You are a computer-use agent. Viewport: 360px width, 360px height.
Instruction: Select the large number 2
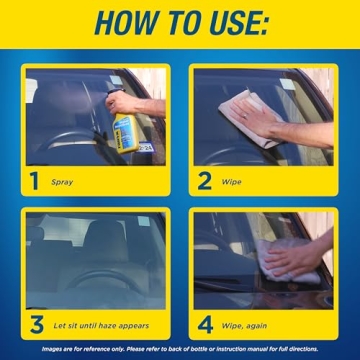tap(205, 181)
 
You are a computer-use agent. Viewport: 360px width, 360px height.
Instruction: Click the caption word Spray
tap(62, 183)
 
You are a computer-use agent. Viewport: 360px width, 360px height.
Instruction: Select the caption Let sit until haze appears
tap(99, 325)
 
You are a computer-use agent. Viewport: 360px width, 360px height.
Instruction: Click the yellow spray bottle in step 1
tap(124, 131)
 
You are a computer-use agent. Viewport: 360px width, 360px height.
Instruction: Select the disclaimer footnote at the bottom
tap(180, 349)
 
